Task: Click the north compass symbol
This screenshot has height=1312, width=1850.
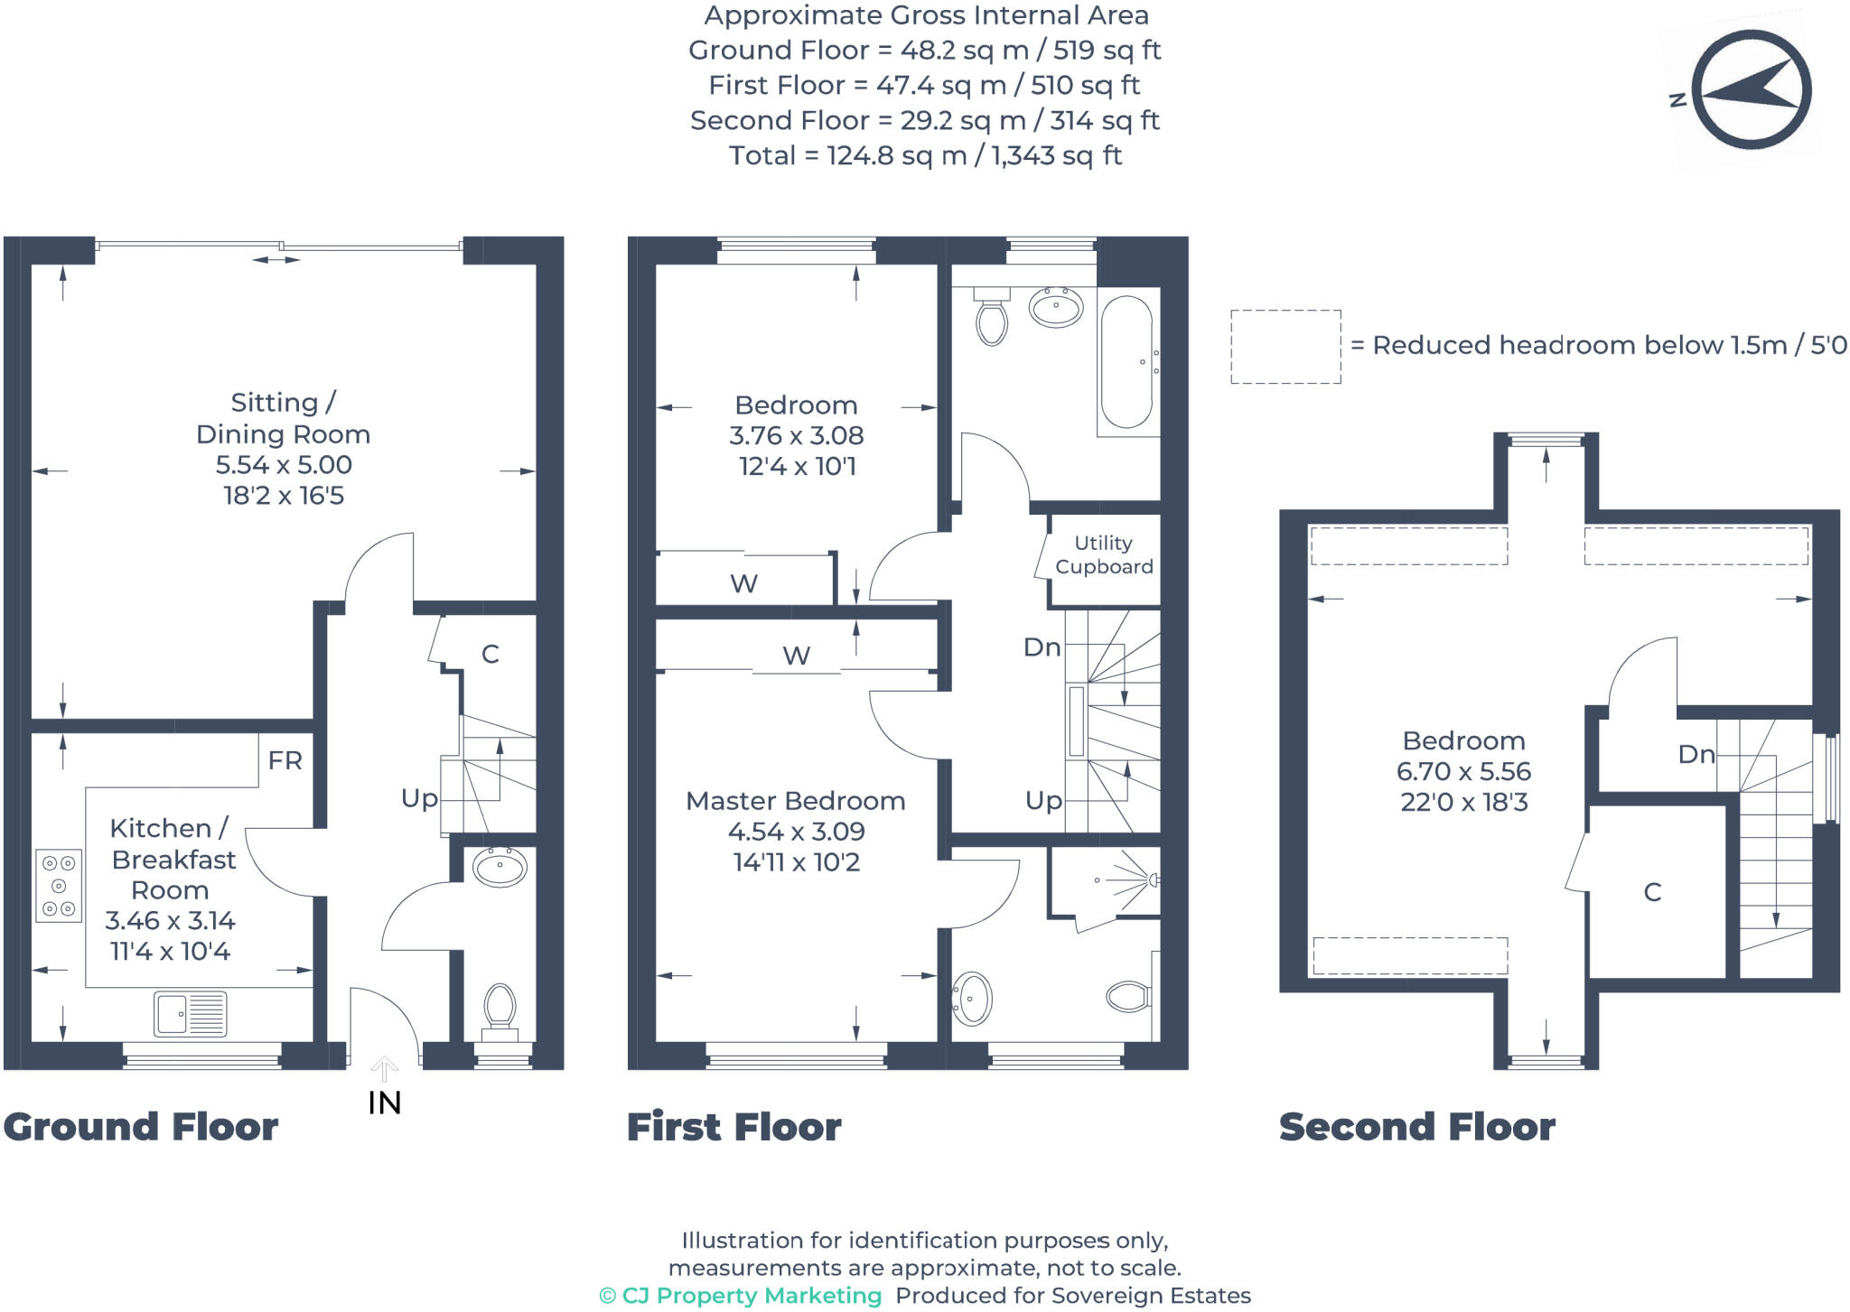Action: click(x=1750, y=89)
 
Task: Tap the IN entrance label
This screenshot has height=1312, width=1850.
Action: click(x=384, y=1103)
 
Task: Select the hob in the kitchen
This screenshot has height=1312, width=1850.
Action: click(x=59, y=886)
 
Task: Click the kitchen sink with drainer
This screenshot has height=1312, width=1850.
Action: click(x=190, y=1013)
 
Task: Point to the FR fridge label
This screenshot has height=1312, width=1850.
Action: click(x=285, y=761)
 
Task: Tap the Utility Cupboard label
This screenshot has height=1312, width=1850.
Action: click(x=1104, y=554)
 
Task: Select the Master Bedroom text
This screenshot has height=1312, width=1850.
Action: click(x=795, y=801)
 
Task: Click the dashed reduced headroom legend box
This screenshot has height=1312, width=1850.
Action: click(x=1285, y=347)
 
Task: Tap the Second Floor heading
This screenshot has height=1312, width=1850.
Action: click(x=1416, y=1127)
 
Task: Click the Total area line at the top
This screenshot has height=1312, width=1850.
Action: click(x=925, y=155)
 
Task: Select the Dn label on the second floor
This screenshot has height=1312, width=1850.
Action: click(x=1696, y=755)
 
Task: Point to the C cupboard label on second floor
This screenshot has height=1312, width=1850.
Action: click(x=1652, y=893)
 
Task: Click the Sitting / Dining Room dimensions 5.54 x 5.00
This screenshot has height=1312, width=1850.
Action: click(x=284, y=465)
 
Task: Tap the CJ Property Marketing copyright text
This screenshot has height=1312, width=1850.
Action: click(x=741, y=1296)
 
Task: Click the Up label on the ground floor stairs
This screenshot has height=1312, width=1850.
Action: click(x=419, y=798)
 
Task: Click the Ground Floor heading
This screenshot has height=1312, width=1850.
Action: click(x=141, y=1127)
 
